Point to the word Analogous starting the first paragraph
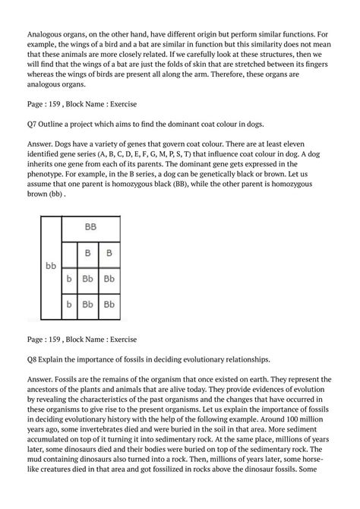point(47,34)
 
